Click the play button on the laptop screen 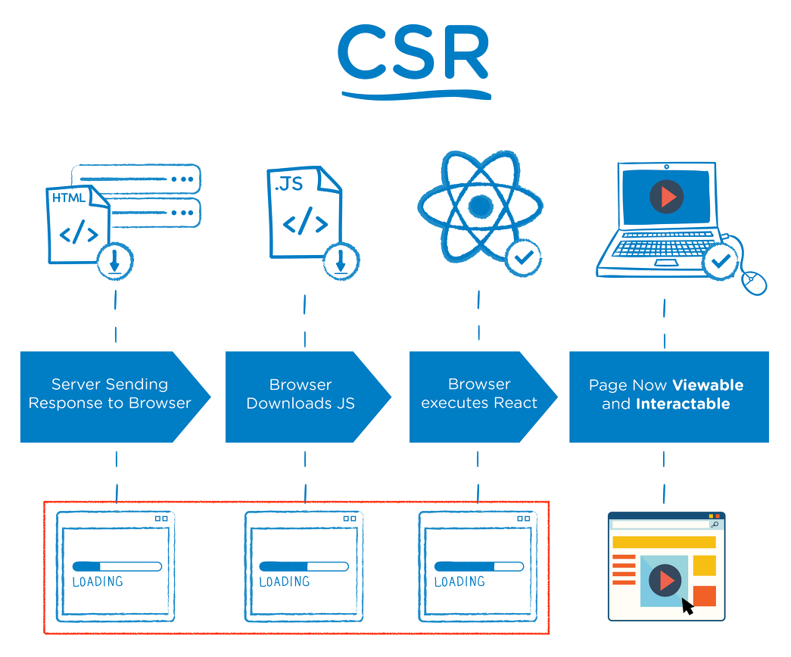[x=667, y=198]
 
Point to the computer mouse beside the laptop [x=754, y=282]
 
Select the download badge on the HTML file [x=115, y=262]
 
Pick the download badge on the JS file [x=341, y=262]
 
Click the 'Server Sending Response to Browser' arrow [x=111, y=394]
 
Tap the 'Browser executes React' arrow [x=480, y=394]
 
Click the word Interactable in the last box [x=683, y=404]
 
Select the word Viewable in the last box [x=708, y=385]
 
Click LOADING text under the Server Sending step [x=98, y=582]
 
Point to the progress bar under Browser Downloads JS [x=304, y=566]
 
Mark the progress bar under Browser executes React [x=478, y=566]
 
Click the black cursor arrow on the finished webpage [x=687, y=606]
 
